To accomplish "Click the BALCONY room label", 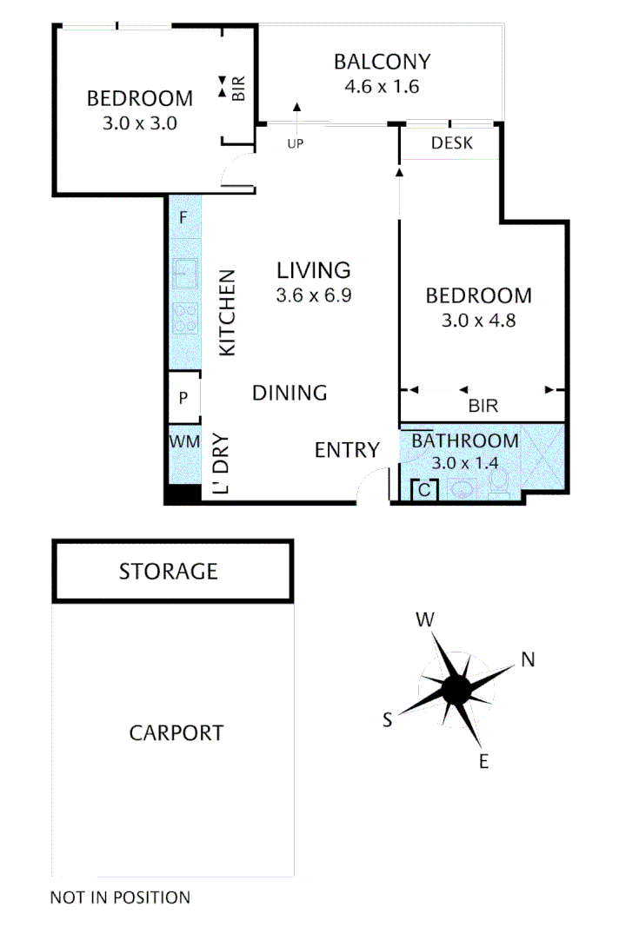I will [383, 62].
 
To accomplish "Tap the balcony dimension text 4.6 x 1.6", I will [383, 86].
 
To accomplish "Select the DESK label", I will [452, 143].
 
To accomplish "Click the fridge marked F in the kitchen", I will [183, 218].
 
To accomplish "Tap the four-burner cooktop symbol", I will [184, 318].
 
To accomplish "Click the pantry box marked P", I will [183, 399].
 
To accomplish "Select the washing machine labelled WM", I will [183, 441].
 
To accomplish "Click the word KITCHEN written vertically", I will [227, 313].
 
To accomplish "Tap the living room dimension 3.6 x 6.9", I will [313, 295].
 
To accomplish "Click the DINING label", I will [290, 394].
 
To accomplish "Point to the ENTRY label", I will [347, 450].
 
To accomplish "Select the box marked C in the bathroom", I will [424, 490].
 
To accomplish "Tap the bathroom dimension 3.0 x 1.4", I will [464, 463].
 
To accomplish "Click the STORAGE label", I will [168, 572].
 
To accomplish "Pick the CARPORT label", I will [176, 733].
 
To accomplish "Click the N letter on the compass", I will [527, 660].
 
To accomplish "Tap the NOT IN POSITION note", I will [120, 897].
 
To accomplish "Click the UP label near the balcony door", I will [295, 143].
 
